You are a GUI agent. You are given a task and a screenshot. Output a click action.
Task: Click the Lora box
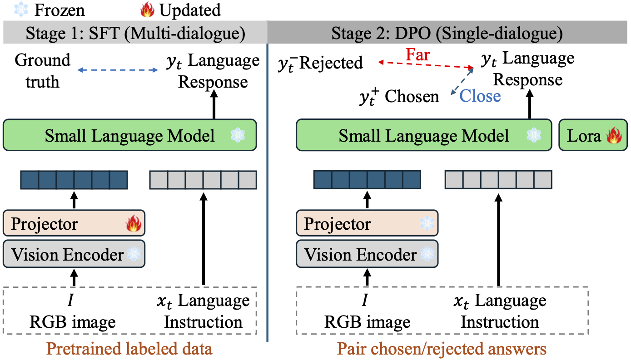[592, 135]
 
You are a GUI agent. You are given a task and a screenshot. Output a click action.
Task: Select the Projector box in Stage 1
[74, 224]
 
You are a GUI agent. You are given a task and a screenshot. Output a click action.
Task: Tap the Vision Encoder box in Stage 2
[367, 255]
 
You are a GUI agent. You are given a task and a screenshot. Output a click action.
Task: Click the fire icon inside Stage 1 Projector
[134, 224]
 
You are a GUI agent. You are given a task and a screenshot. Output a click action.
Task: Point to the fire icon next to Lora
[613, 135]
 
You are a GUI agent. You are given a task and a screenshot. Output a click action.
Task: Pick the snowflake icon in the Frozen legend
[9, 10]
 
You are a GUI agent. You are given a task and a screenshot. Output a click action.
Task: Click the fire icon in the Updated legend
[147, 10]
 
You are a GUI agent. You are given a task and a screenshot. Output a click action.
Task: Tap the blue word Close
[480, 96]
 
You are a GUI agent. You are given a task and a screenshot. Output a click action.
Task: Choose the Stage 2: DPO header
[447, 34]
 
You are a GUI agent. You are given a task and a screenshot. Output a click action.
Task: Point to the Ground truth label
[42, 71]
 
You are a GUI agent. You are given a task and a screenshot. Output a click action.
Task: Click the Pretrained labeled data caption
[129, 349]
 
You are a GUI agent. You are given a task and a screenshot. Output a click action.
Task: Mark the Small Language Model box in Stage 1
[129, 135]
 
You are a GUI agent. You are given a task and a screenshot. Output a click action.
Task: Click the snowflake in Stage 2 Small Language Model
[534, 135]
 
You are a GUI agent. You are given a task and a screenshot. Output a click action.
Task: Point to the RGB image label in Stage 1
[73, 322]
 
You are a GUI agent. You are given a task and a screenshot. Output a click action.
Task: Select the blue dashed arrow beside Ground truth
[117, 70]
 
